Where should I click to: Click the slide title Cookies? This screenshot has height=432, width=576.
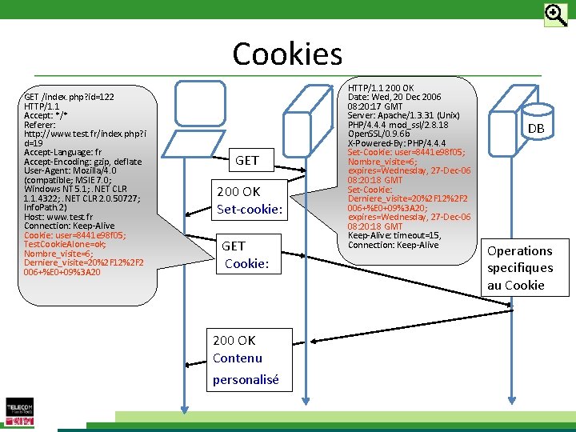tap(287, 54)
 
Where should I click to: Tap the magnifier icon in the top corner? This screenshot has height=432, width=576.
tap(555, 15)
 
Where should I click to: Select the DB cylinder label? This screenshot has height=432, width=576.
tap(536, 129)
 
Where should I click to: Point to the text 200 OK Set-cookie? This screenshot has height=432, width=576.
tap(250, 201)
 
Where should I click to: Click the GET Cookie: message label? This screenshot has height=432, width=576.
tap(245, 254)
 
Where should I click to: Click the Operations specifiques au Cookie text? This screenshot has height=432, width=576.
tap(520, 268)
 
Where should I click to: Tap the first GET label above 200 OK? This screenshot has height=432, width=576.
tap(246, 160)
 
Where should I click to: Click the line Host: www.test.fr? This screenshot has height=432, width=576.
tap(58, 217)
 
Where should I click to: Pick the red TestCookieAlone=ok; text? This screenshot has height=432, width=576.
tap(65, 244)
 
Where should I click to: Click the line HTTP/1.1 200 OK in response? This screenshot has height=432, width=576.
tap(381, 87)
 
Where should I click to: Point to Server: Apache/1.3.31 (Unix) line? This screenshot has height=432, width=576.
tap(403, 115)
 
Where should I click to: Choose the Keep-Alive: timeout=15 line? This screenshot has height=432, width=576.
tap(394, 235)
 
